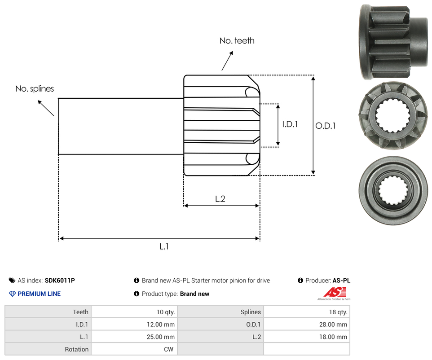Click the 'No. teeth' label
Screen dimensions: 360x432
[237, 41]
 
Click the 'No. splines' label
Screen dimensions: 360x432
[35, 89]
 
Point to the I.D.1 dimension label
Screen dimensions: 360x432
[290, 124]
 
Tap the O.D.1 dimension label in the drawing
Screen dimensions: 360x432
[325, 126]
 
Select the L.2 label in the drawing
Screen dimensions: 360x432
[220, 199]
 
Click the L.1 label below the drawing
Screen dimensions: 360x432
[164, 246]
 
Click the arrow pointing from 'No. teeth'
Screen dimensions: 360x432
[228, 61]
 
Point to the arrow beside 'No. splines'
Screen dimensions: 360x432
[46, 108]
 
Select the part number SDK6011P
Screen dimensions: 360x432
[60, 281]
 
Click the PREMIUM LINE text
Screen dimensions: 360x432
[39, 294]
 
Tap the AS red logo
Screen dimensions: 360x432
[333, 292]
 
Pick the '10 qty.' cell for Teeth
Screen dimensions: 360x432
[166, 312]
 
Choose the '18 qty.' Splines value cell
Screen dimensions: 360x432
[338, 312]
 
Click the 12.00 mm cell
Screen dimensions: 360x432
[163, 325]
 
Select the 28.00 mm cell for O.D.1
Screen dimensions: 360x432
[335, 325]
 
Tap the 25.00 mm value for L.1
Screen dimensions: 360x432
[163, 337]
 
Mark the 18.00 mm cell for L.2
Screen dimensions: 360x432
[335, 337]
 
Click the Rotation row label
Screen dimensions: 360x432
[77, 349]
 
